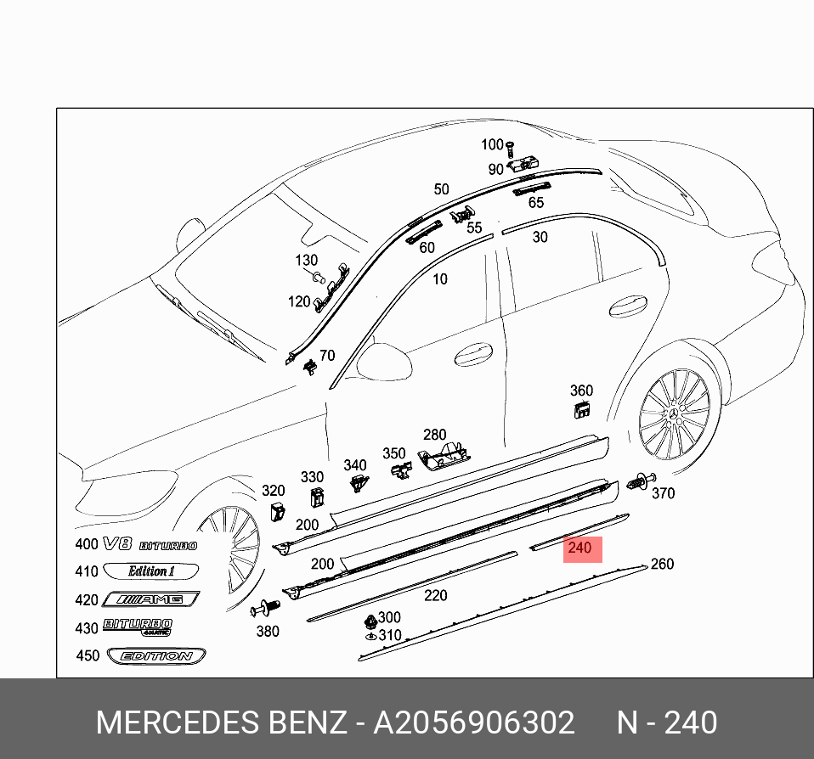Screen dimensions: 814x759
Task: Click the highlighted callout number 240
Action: tap(579, 548)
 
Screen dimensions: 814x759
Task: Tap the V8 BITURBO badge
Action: tap(150, 545)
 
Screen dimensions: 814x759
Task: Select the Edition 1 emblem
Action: tap(151, 571)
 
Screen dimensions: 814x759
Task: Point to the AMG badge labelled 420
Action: tap(150, 600)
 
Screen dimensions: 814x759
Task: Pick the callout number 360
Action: tap(581, 391)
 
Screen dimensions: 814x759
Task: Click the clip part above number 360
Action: tap(583, 411)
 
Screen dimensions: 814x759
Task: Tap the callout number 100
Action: tap(492, 145)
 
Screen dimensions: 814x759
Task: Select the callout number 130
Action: tap(306, 261)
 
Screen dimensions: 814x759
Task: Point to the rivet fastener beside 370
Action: tap(637, 483)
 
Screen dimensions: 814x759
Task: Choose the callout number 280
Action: tap(434, 436)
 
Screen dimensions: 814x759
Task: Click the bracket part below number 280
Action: tap(445, 456)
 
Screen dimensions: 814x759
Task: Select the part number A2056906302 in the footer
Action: tap(474, 723)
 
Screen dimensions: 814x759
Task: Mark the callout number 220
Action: tap(436, 595)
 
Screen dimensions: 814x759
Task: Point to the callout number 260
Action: tap(661, 565)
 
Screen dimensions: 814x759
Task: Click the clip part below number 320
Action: tap(277, 511)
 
